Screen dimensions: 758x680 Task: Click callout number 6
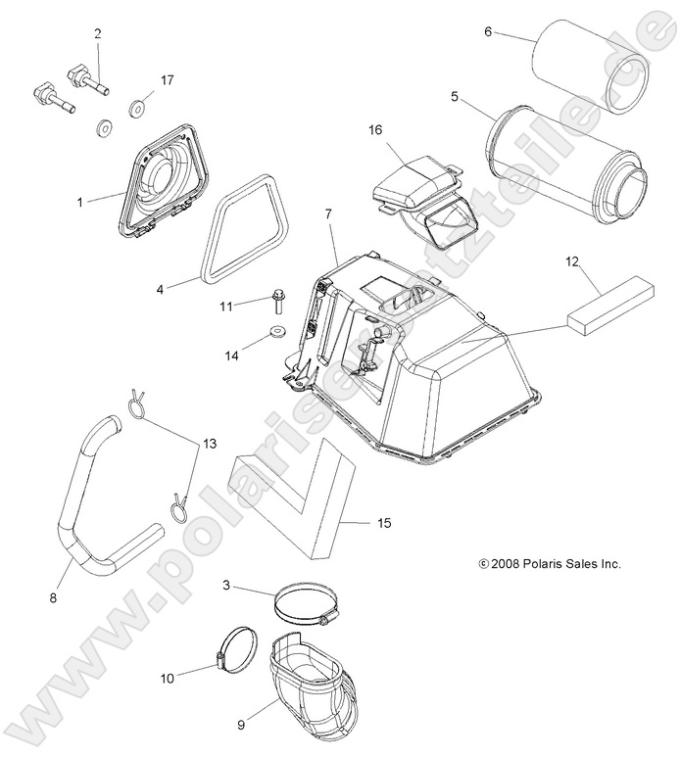coord(487,31)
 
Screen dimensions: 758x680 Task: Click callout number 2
coord(97,34)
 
